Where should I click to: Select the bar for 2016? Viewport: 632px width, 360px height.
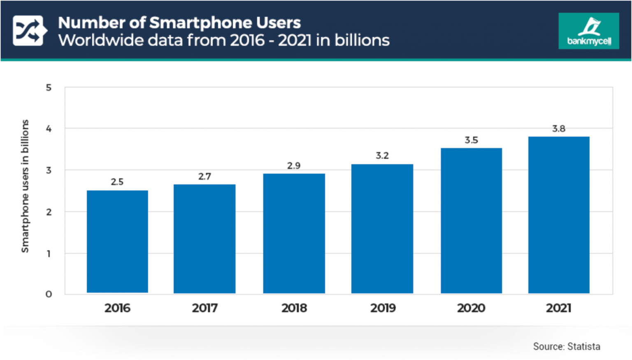click(x=117, y=242)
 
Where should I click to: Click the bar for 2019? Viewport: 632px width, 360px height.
click(x=382, y=229)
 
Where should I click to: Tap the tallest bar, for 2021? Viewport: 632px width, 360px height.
click(x=559, y=215)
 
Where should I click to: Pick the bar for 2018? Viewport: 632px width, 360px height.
click(x=294, y=233)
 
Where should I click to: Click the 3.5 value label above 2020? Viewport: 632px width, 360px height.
click(x=471, y=140)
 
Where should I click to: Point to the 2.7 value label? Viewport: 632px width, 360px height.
click(x=204, y=177)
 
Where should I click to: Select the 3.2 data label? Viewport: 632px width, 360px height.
click(x=382, y=156)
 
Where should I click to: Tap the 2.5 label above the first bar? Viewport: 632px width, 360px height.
click(x=117, y=182)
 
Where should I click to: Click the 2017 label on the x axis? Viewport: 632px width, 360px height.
click(x=204, y=308)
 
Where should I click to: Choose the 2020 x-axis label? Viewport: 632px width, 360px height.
click(x=471, y=308)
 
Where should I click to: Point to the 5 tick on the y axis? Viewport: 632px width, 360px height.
click(x=49, y=88)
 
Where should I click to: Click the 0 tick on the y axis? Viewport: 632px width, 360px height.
click(x=49, y=294)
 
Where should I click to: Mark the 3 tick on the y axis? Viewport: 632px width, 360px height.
click(x=49, y=170)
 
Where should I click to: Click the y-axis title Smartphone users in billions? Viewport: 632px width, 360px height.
click(x=25, y=186)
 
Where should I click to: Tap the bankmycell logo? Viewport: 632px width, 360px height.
click(x=588, y=31)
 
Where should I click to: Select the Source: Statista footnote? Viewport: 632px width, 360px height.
click(x=566, y=346)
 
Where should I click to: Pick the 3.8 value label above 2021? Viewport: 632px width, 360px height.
click(x=558, y=129)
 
